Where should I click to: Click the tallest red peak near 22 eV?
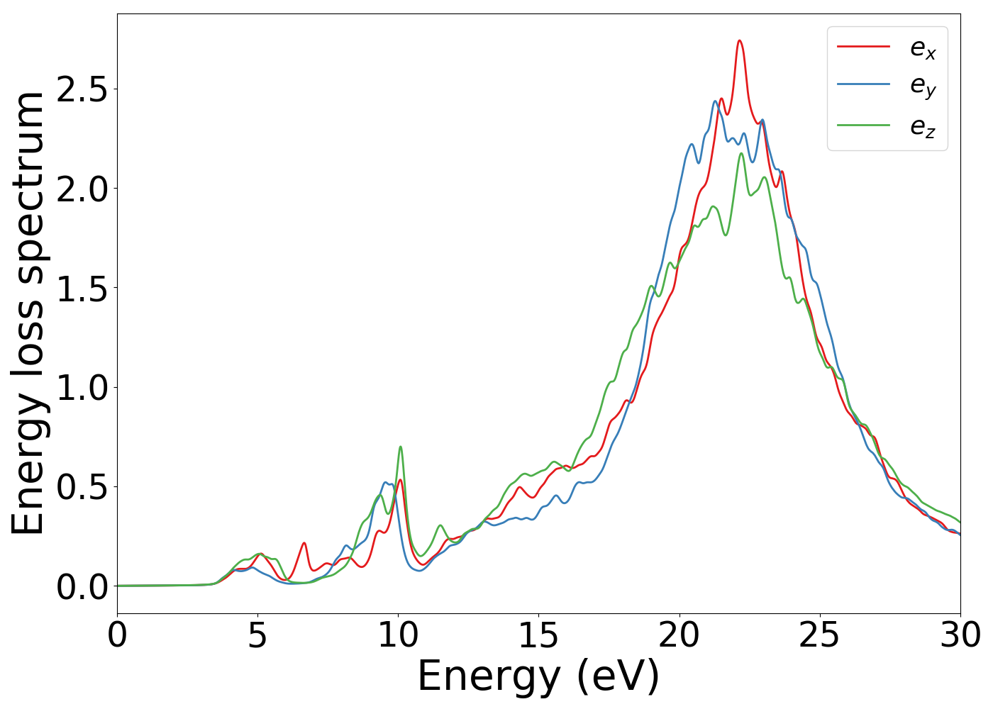click(739, 41)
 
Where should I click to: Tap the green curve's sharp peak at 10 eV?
click(401, 447)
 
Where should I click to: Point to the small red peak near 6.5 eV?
click(304, 543)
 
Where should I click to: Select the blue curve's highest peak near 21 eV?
click(715, 101)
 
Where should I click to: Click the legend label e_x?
click(923, 48)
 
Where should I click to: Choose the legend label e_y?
click(923, 86)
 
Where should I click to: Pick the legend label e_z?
click(923, 126)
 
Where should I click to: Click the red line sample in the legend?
click(863, 47)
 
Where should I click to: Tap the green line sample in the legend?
click(863, 125)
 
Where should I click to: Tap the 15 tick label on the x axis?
click(538, 635)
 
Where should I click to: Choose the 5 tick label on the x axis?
click(257, 635)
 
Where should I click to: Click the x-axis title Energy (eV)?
click(538, 676)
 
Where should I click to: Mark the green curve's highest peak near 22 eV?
click(741, 153)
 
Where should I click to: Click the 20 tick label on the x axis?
click(679, 635)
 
